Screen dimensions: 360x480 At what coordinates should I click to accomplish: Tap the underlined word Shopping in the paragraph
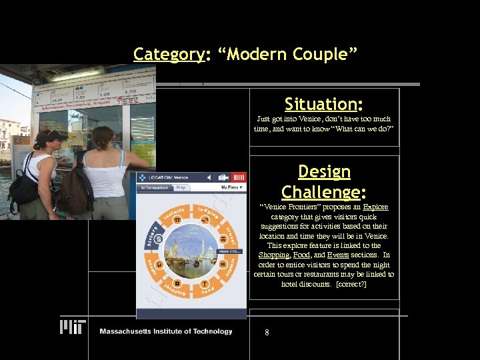pos(273,255)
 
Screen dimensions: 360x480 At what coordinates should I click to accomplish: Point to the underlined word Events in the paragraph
pos(338,255)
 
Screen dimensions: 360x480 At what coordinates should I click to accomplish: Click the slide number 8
pos(267,332)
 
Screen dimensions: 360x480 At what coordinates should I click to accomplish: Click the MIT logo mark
pos(73,327)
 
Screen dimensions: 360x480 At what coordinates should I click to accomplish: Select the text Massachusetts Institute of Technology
pos(165,331)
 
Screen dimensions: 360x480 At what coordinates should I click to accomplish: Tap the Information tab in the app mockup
pos(155,188)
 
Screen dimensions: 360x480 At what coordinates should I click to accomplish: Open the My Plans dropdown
pos(233,188)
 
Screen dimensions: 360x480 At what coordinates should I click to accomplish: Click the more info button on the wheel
pos(229,251)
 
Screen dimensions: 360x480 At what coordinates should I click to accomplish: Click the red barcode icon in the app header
pos(239,177)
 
